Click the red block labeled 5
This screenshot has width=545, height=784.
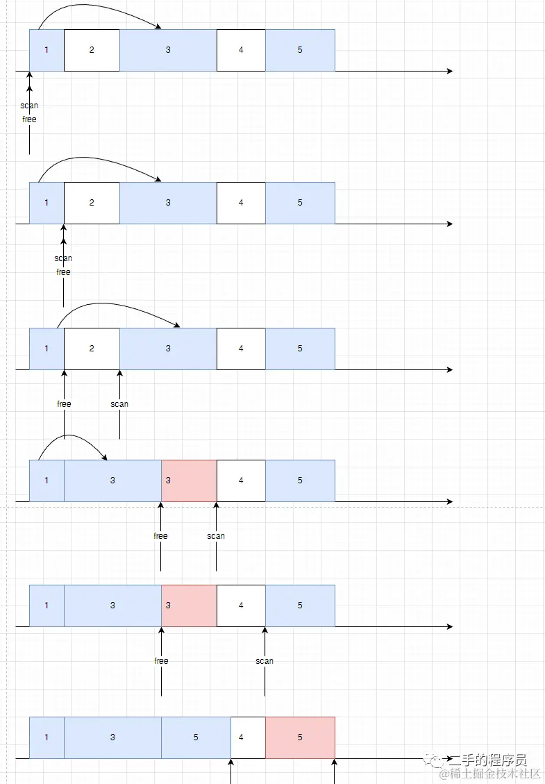[300, 737]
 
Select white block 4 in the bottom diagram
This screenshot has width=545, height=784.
[248, 737]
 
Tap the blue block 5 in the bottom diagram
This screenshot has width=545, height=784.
[196, 737]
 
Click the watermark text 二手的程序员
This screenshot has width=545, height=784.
[487, 760]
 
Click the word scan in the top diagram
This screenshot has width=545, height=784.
[29, 106]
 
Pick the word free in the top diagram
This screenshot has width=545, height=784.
[29, 119]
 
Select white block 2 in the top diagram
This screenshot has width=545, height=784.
[92, 50]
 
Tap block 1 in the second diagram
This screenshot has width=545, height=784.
[47, 203]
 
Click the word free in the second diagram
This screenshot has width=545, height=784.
[63, 272]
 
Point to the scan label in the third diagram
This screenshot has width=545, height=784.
[119, 404]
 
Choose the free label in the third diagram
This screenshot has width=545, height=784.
[64, 404]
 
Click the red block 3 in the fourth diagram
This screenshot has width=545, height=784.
[189, 481]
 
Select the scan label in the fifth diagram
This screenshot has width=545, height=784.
[265, 661]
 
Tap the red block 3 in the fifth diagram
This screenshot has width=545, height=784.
[189, 606]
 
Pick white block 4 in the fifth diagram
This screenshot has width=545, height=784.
[241, 606]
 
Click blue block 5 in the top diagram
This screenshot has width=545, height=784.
[300, 50]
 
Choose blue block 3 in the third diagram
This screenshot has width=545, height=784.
[168, 349]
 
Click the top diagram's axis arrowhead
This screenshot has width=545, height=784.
[450, 71]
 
